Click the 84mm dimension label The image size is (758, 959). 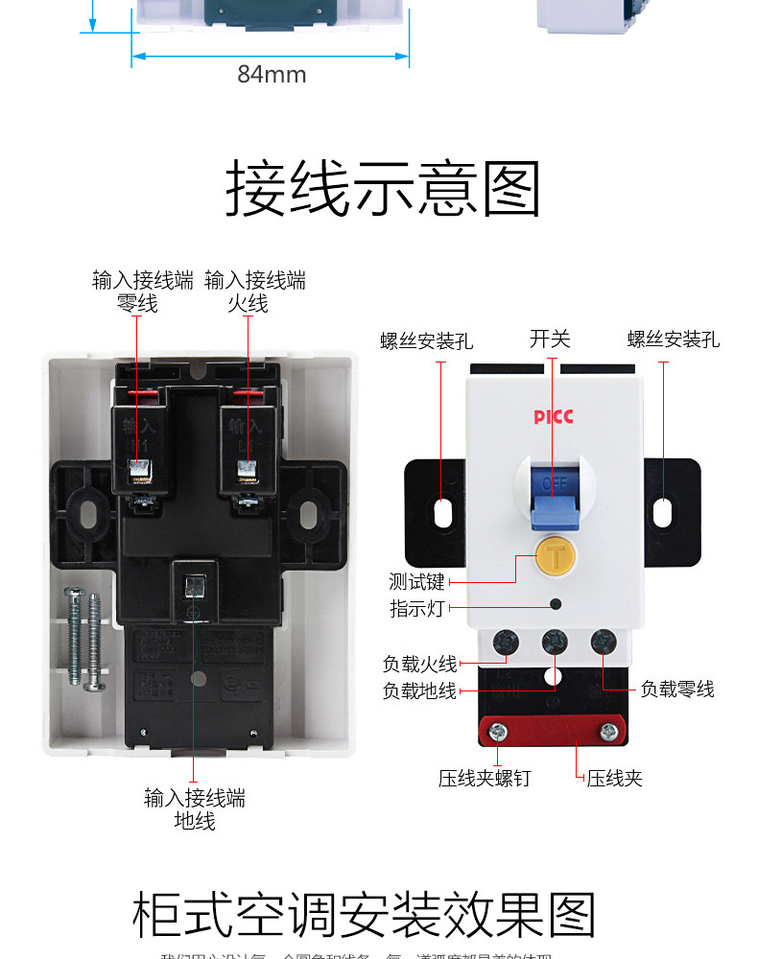[272, 75]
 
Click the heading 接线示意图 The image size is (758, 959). [383, 190]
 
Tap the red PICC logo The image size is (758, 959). [553, 417]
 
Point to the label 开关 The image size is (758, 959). [550, 339]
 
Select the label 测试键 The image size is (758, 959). [416, 582]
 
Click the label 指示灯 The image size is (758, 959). [416, 608]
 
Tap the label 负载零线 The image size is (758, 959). [677, 689]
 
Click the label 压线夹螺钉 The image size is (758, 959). [484, 778]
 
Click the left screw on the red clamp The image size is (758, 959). [497, 733]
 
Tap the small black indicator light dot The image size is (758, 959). [555, 603]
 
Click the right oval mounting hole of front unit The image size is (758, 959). [663, 511]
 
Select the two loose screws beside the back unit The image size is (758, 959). [85, 639]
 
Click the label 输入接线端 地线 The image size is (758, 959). [195, 808]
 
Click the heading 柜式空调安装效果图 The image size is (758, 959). [364, 916]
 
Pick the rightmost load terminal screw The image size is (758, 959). [603, 642]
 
